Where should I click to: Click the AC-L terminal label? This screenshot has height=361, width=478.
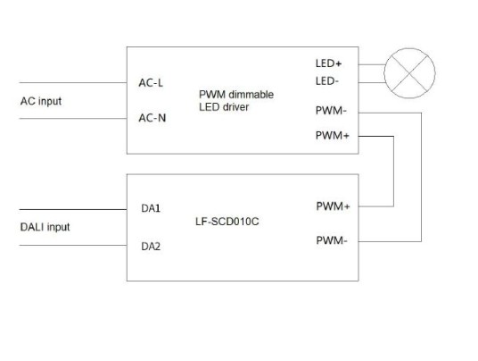151,83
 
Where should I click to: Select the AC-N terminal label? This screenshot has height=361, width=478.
152,118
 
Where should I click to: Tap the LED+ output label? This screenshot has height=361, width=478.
328,63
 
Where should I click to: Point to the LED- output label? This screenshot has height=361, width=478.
327,81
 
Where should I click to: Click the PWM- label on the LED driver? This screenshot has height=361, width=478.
331,111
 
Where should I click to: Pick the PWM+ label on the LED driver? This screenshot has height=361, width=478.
333,135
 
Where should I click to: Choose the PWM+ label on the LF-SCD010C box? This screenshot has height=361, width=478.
333,206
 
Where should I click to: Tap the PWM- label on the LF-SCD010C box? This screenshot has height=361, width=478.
332,240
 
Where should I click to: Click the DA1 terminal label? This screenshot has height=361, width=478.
151,208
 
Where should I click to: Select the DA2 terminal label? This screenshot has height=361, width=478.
151,247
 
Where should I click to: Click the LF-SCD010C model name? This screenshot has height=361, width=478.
227,222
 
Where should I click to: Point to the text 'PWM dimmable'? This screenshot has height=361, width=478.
236,95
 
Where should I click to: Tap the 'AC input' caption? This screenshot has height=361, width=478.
41,101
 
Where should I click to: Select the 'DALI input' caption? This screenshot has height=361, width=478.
45,227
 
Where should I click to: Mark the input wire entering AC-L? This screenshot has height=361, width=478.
73,82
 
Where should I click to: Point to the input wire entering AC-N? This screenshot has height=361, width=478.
73,119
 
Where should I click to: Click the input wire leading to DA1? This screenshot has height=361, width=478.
73,209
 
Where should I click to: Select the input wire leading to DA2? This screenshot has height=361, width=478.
73,245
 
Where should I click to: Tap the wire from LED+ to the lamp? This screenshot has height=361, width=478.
372,64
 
